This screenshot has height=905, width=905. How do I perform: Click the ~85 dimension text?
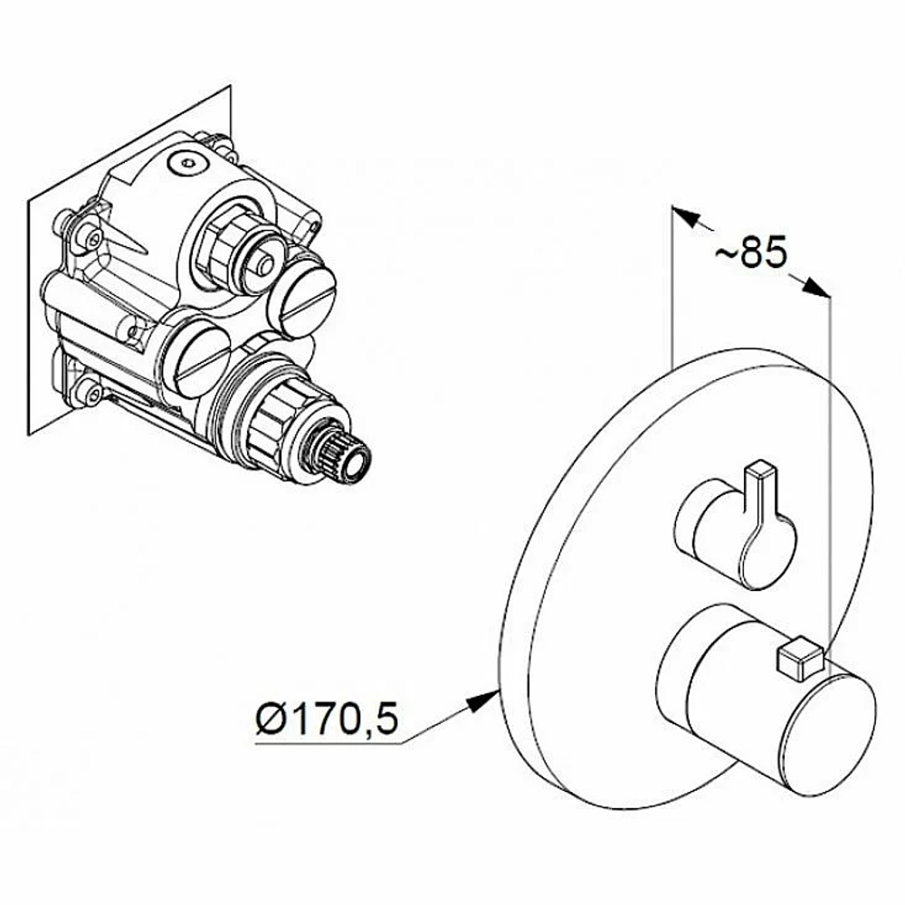(751, 252)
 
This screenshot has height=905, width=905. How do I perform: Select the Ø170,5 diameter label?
(328, 719)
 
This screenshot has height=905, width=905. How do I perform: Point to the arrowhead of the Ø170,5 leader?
(482, 701)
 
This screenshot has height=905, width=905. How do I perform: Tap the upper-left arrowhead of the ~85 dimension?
(686, 216)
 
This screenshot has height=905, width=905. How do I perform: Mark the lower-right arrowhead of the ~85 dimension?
(816, 287)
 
